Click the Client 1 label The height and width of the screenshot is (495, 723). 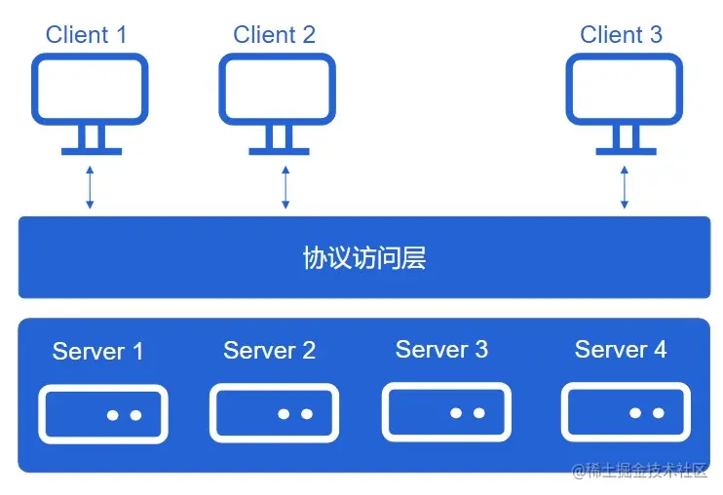pos(86,35)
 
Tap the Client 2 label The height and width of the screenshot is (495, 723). pos(274,35)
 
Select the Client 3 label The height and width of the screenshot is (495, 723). pos(621,35)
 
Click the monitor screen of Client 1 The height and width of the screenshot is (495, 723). pos(91,89)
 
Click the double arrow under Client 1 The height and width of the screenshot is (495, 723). pos(91,187)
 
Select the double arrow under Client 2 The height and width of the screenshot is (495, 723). pos(285,187)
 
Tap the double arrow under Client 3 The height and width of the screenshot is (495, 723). pos(625,187)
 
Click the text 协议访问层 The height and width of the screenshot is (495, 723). pos(363,258)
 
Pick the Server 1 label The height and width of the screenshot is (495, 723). pos(97,351)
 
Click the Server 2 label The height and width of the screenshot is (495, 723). pos(269,351)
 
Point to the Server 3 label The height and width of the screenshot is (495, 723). pos(441,349)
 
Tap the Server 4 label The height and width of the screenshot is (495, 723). pos(621,349)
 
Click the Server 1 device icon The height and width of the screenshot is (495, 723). pos(103,414)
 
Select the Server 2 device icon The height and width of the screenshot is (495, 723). pos(275,413)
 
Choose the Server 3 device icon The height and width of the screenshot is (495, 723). pos(446,412)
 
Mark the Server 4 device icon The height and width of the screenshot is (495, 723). pos(626,412)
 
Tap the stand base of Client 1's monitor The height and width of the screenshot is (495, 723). pos(91,151)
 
